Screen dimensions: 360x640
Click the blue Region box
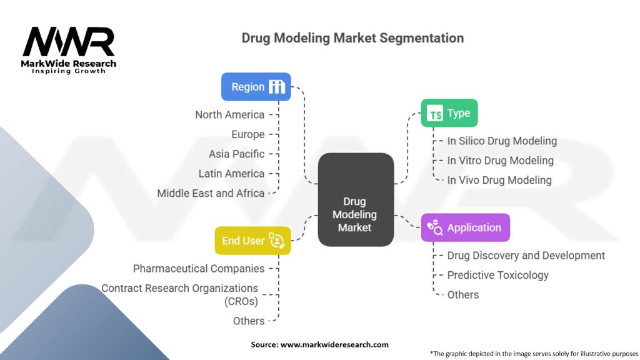coord(256,87)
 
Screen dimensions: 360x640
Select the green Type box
coord(449,113)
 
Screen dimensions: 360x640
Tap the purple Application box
coord(465,227)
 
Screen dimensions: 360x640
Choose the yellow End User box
coord(252,241)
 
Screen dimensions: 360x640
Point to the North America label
coord(229,114)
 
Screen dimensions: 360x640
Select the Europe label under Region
coord(247,134)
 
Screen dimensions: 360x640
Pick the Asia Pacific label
coord(236,154)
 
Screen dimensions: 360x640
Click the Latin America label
coord(231,174)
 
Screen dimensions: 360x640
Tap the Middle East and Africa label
coord(211,193)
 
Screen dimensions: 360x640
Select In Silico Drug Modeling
coord(502,141)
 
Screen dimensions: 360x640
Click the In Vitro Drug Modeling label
coord(500,161)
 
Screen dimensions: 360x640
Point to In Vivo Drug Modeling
coord(499,180)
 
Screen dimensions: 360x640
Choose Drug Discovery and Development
coord(526,256)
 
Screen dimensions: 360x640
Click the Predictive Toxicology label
coord(497,275)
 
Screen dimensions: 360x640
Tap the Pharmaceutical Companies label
coord(199,269)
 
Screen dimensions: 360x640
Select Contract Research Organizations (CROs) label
coord(180,294)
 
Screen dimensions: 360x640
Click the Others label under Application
coord(462,294)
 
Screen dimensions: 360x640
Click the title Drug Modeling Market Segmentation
coord(352,38)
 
